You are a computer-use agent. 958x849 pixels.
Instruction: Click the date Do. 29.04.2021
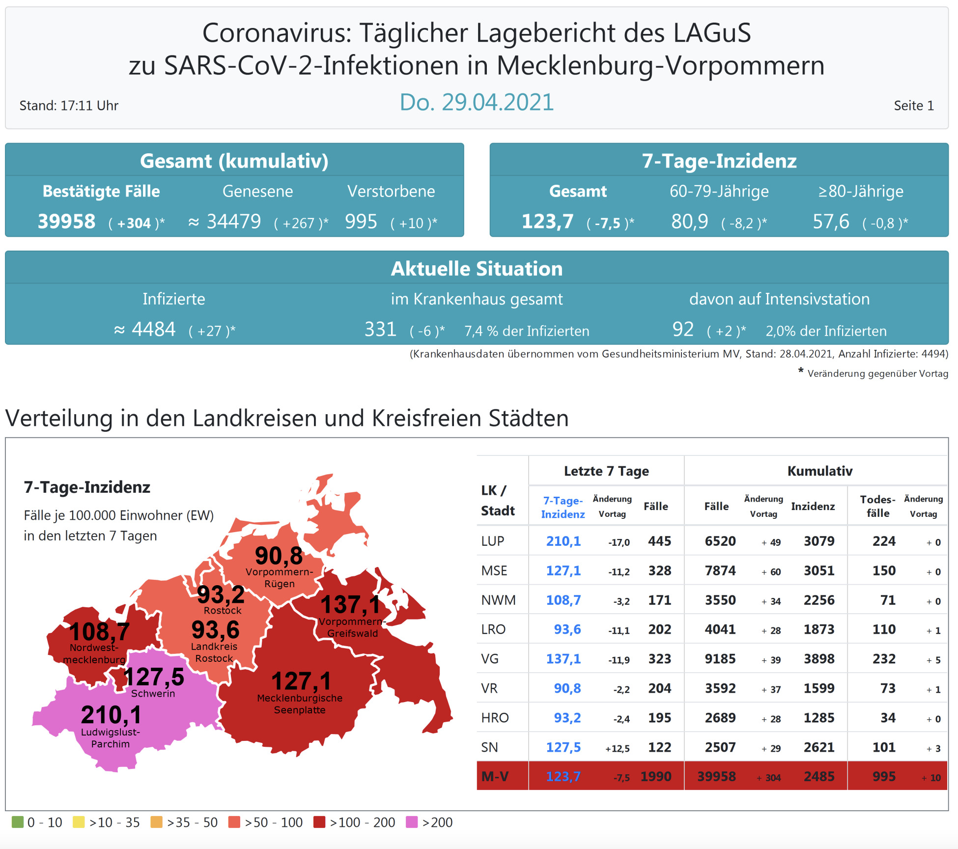[477, 102]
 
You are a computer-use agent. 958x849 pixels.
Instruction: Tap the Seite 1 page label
[913, 106]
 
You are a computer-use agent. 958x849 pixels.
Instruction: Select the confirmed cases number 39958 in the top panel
[67, 222]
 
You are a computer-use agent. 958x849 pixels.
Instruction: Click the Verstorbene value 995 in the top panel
[361, 222]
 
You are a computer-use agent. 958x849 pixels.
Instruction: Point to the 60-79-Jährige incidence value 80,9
[690, 222]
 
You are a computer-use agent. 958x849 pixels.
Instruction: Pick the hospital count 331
[380, 329]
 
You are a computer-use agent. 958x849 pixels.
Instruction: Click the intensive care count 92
[683, 329]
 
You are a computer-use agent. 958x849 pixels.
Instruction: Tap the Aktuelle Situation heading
[477, 269]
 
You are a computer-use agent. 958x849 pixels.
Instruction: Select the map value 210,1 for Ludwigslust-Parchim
[111, 715]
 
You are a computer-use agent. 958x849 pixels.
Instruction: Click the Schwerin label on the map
[153, 693]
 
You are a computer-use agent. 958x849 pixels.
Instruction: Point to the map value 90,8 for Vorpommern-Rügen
[279, 556]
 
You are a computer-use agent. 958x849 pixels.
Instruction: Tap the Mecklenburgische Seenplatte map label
[300, 704]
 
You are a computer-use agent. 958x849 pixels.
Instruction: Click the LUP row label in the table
[493, 541]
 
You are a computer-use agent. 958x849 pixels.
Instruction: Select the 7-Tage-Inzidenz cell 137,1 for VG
[564, 659]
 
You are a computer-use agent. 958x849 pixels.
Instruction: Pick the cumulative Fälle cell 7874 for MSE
[720, 570]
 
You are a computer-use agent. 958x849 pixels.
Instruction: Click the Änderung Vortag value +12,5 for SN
[617, 748]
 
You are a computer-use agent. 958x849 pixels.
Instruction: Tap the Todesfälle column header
[878, 506]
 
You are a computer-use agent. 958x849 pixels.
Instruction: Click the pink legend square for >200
[412, 822]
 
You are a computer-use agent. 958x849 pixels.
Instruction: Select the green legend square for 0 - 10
[18, 822]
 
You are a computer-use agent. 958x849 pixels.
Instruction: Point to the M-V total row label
[495, 776]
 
